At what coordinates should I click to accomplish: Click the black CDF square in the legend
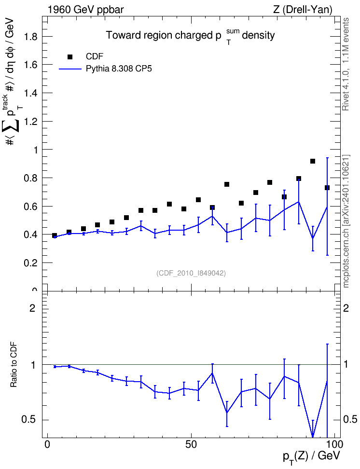tap(70, 57)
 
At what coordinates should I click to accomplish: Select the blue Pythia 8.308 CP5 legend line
tap(70, 69)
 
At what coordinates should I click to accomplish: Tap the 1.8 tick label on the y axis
tap(31, 37)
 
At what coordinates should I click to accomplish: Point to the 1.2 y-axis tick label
tap(31, 122)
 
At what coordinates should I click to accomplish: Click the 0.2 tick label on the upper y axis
tap(31, 263)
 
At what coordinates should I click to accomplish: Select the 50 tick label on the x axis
tap(191, 444)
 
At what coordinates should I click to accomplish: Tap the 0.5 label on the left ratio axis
tap(29, 420)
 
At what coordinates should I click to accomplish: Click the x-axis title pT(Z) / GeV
tap(311, 456)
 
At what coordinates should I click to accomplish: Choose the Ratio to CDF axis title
tap(14, 365)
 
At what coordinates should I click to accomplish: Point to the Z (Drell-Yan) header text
tap(303, 10)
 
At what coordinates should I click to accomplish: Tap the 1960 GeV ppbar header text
tap(85, 10)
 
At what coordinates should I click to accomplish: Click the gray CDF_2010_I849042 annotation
tap(191, 273)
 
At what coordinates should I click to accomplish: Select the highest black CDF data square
tap(313, 161)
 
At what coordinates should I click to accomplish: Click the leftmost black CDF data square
tap(55, 235)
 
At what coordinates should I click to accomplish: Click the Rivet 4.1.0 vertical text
tap(346, 64)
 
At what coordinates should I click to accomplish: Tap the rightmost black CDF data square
tap(327, 188)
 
